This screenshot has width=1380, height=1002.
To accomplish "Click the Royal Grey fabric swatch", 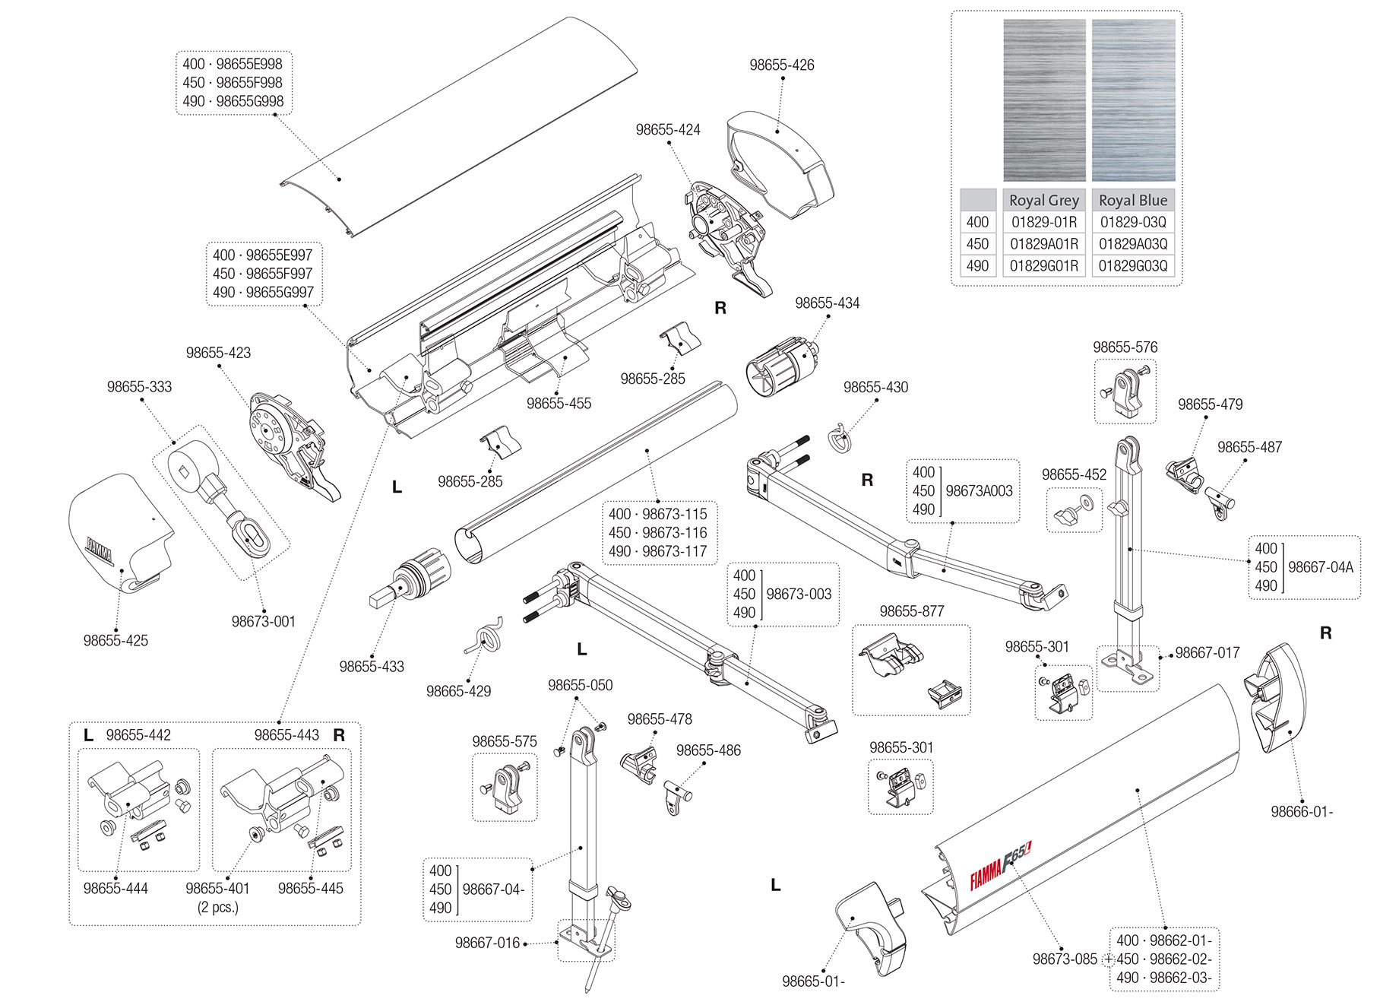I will [x=1044, y=100].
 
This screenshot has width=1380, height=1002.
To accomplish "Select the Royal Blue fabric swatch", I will [x=1133, y=100].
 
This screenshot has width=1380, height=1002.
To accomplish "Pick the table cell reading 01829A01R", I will [x=1044, y=244].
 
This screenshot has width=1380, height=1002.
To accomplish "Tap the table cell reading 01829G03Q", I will [x=1133, y=266].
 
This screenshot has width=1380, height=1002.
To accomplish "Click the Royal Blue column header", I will [x=1133, y=200].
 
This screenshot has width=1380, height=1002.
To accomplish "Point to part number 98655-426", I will [x=781, y=65].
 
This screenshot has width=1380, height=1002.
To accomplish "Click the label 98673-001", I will [x=263, y=622].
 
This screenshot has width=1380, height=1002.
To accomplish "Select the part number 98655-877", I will [x=911, y=611].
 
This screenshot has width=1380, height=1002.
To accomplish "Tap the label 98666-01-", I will [x=1301, y=812].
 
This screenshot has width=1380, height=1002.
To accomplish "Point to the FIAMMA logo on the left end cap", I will [x=100, y=549].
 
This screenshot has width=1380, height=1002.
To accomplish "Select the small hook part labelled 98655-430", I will [x=838, y=439].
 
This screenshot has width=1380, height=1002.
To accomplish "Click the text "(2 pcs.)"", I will [x=218, y=907].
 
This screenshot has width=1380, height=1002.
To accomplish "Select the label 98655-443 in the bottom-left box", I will [x=286, y=735].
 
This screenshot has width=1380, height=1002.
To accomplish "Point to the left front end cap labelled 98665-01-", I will [x=871, y=927].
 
